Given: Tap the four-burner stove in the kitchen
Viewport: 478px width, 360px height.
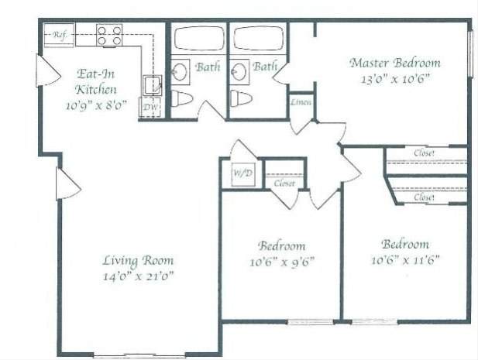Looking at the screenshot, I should [x=109, y=36].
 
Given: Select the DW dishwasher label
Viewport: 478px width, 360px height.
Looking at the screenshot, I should [x=149, y=107].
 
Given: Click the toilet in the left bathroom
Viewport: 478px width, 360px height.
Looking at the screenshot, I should [x=182, y=98].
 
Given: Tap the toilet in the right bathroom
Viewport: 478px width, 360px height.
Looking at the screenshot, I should [x=242, y=98].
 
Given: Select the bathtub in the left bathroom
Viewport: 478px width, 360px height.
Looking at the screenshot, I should [x=198, y=39].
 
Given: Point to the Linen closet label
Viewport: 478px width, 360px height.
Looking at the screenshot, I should [x=301, y=102].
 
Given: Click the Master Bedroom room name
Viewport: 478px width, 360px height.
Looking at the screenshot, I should [x=395, y=63].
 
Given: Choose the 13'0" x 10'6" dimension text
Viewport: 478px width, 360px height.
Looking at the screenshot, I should [x=395, y=78].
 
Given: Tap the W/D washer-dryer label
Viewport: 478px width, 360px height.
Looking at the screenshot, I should [x=242, y=173].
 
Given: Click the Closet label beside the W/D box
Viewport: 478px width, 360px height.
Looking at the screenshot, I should [x=284, y=183].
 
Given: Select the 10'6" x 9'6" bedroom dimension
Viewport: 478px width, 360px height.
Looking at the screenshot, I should [x=282, y=261].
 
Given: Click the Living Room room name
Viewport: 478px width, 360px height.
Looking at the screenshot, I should [x=139, y=260].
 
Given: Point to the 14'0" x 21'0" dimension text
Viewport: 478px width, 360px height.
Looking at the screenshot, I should [x=139, y=276].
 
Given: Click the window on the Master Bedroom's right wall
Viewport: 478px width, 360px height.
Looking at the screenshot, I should [x=469, y=53].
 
